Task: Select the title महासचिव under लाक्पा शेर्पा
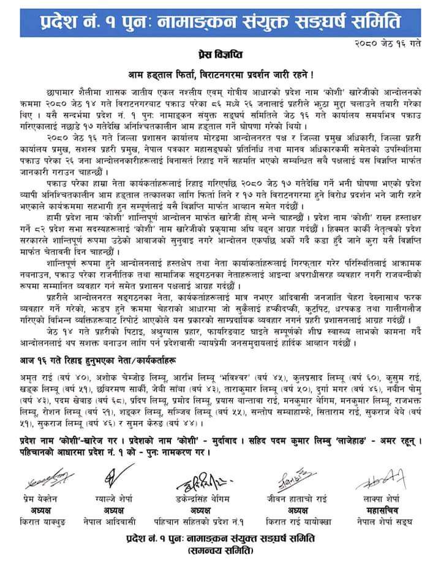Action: pos(377,509)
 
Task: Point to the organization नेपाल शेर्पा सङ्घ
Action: pos(377,521)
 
